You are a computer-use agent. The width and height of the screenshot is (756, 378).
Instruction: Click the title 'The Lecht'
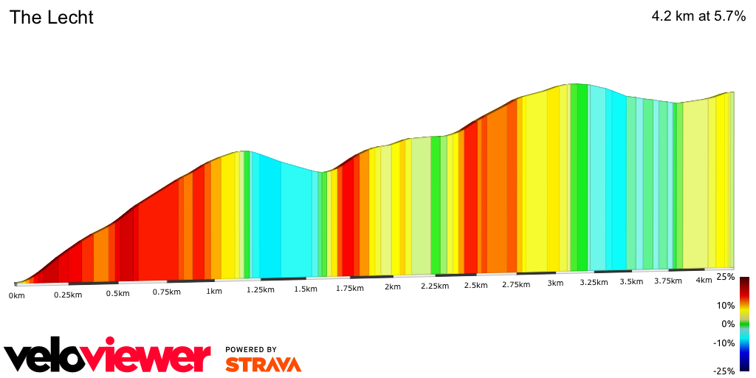pyautogui.click(x=51, y=18)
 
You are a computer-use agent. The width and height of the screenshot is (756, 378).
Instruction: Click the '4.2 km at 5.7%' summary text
pyautogui.click(x=698, y=16)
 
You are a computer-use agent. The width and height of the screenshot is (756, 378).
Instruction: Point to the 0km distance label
pyautogui.click(x=17, y=295)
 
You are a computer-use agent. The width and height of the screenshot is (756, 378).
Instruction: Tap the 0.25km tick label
pyautogui.click(x=67, y=294)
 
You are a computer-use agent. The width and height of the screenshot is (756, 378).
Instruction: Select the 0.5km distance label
pyautogui.click(x=117, y=293)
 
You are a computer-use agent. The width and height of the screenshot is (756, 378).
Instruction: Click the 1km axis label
pyautogui.click(x=214, y=292)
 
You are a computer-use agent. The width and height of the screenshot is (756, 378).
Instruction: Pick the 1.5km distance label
pyautogui.click(x=306, y=289)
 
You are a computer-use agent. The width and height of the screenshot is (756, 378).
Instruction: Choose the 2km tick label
pyautogui.click(x=392, y=287)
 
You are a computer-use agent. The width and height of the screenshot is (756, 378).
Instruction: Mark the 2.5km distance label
pyautogui.click(x=475, y=286)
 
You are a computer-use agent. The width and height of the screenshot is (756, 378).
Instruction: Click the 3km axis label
pyautogui.click(x=555, y=283)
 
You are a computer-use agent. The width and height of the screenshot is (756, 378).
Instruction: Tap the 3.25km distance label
pyautogui.click(x=593, y=283)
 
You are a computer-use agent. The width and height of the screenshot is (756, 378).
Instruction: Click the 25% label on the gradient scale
pyautogui.click(x=726, y=277)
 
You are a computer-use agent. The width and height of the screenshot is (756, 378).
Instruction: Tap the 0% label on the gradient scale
pyautogui.click(x=728, y=324)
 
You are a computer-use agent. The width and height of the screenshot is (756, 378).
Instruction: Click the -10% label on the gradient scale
pyautogui.click(x=724, y=343)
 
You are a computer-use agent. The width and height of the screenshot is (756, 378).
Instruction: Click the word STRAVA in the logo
pyautogui.click(x=263, y=364)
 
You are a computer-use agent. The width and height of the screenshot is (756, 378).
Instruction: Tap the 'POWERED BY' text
pyautogui.click(x=251, y=349)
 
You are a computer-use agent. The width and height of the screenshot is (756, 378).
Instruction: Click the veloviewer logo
pyautogui.click(x=107, y=357)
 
